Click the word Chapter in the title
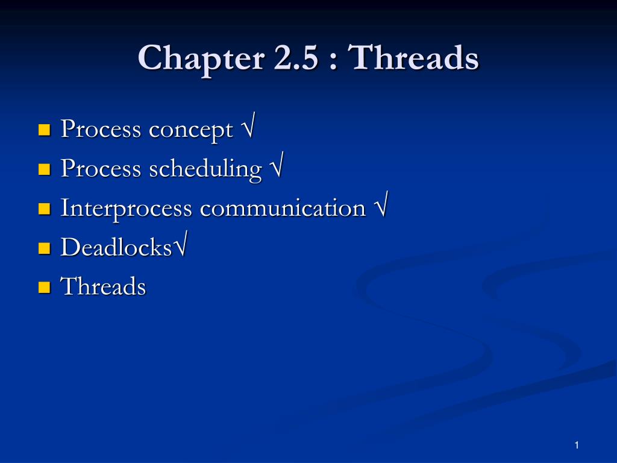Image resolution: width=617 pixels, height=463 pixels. click(x=201, y=59)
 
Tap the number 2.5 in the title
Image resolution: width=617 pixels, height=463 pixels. click(x=295, y=57)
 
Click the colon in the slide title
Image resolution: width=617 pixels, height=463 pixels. click(x=333, y=62)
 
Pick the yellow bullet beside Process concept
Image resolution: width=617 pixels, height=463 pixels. click(x=45, y=130)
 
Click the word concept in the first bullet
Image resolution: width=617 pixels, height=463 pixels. click(x=191, y=131)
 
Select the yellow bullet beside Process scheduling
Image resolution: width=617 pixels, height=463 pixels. click(x=45, y=169)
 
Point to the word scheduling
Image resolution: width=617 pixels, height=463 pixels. click(x=205, y=169)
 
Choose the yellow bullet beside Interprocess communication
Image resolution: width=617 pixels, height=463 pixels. click(x=45, y=209)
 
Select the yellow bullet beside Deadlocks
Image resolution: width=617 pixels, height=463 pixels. click(x=45, y=248)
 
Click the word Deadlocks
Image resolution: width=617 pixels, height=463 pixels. click(x=116, y=247)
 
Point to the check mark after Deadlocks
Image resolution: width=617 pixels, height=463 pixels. click(x=180, y=244)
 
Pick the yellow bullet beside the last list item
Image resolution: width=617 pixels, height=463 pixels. click(x=45, y=288)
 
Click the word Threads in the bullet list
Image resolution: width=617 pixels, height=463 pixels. click(x=103, y=286)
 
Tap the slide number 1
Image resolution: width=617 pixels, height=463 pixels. click(x=577, y=446)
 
